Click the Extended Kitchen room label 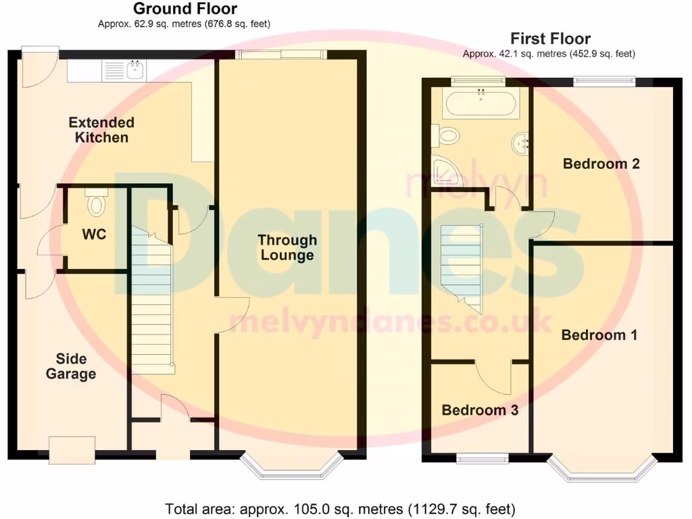(101, 130)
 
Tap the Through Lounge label (287, 247)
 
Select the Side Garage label (71, 366)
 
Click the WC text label (94, 234)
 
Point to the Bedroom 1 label (599, 335)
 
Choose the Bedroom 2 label (601, 164)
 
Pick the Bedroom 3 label (480, 410)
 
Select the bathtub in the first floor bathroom (480, 104)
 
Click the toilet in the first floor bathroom (447, 136)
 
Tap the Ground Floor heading (184, 9)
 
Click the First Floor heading (550, 39)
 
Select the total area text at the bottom (341, 508)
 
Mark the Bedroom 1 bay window (602, 470)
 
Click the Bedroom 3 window (483, 459)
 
